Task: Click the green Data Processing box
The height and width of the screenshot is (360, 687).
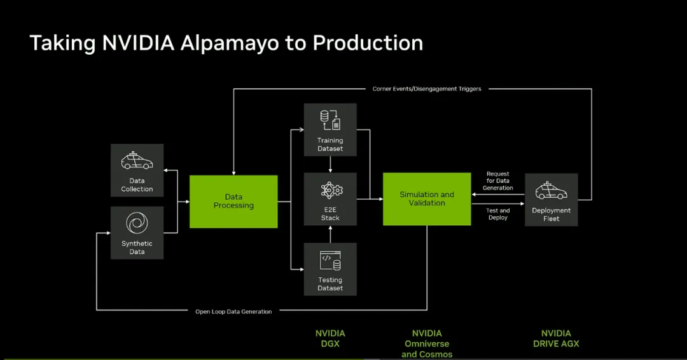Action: coord(233,202)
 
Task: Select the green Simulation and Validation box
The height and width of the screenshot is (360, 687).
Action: coord(427,199)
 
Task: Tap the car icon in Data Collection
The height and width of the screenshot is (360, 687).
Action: coord(137,161)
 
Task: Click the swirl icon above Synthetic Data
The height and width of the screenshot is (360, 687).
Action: coord(137,223)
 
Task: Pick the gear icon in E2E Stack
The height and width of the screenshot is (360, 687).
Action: coord(331,191)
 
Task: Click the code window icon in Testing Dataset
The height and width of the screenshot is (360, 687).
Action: coord(330,261)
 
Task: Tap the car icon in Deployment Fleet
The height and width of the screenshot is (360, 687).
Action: coord(551,191)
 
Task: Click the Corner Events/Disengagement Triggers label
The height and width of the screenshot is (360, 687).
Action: coord(427,89)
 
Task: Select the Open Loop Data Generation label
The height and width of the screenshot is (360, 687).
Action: coord(233,312)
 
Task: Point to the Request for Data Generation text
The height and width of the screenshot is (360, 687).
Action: coord(497,181)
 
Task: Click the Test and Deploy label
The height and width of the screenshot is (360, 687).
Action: coord(497,214)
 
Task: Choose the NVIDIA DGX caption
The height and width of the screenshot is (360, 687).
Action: coord(330,338)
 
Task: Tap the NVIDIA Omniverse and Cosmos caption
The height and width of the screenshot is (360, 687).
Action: coord(427,344)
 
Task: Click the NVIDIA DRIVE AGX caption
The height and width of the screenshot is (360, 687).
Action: coord(556,338)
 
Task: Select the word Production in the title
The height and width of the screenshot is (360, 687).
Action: coord(368,43)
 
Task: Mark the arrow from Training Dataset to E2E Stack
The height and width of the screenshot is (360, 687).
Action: coord(330,164)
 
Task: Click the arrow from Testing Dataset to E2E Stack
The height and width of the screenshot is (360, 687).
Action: coord(330,234)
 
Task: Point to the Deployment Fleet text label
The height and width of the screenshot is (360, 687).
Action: coord(551,214)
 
